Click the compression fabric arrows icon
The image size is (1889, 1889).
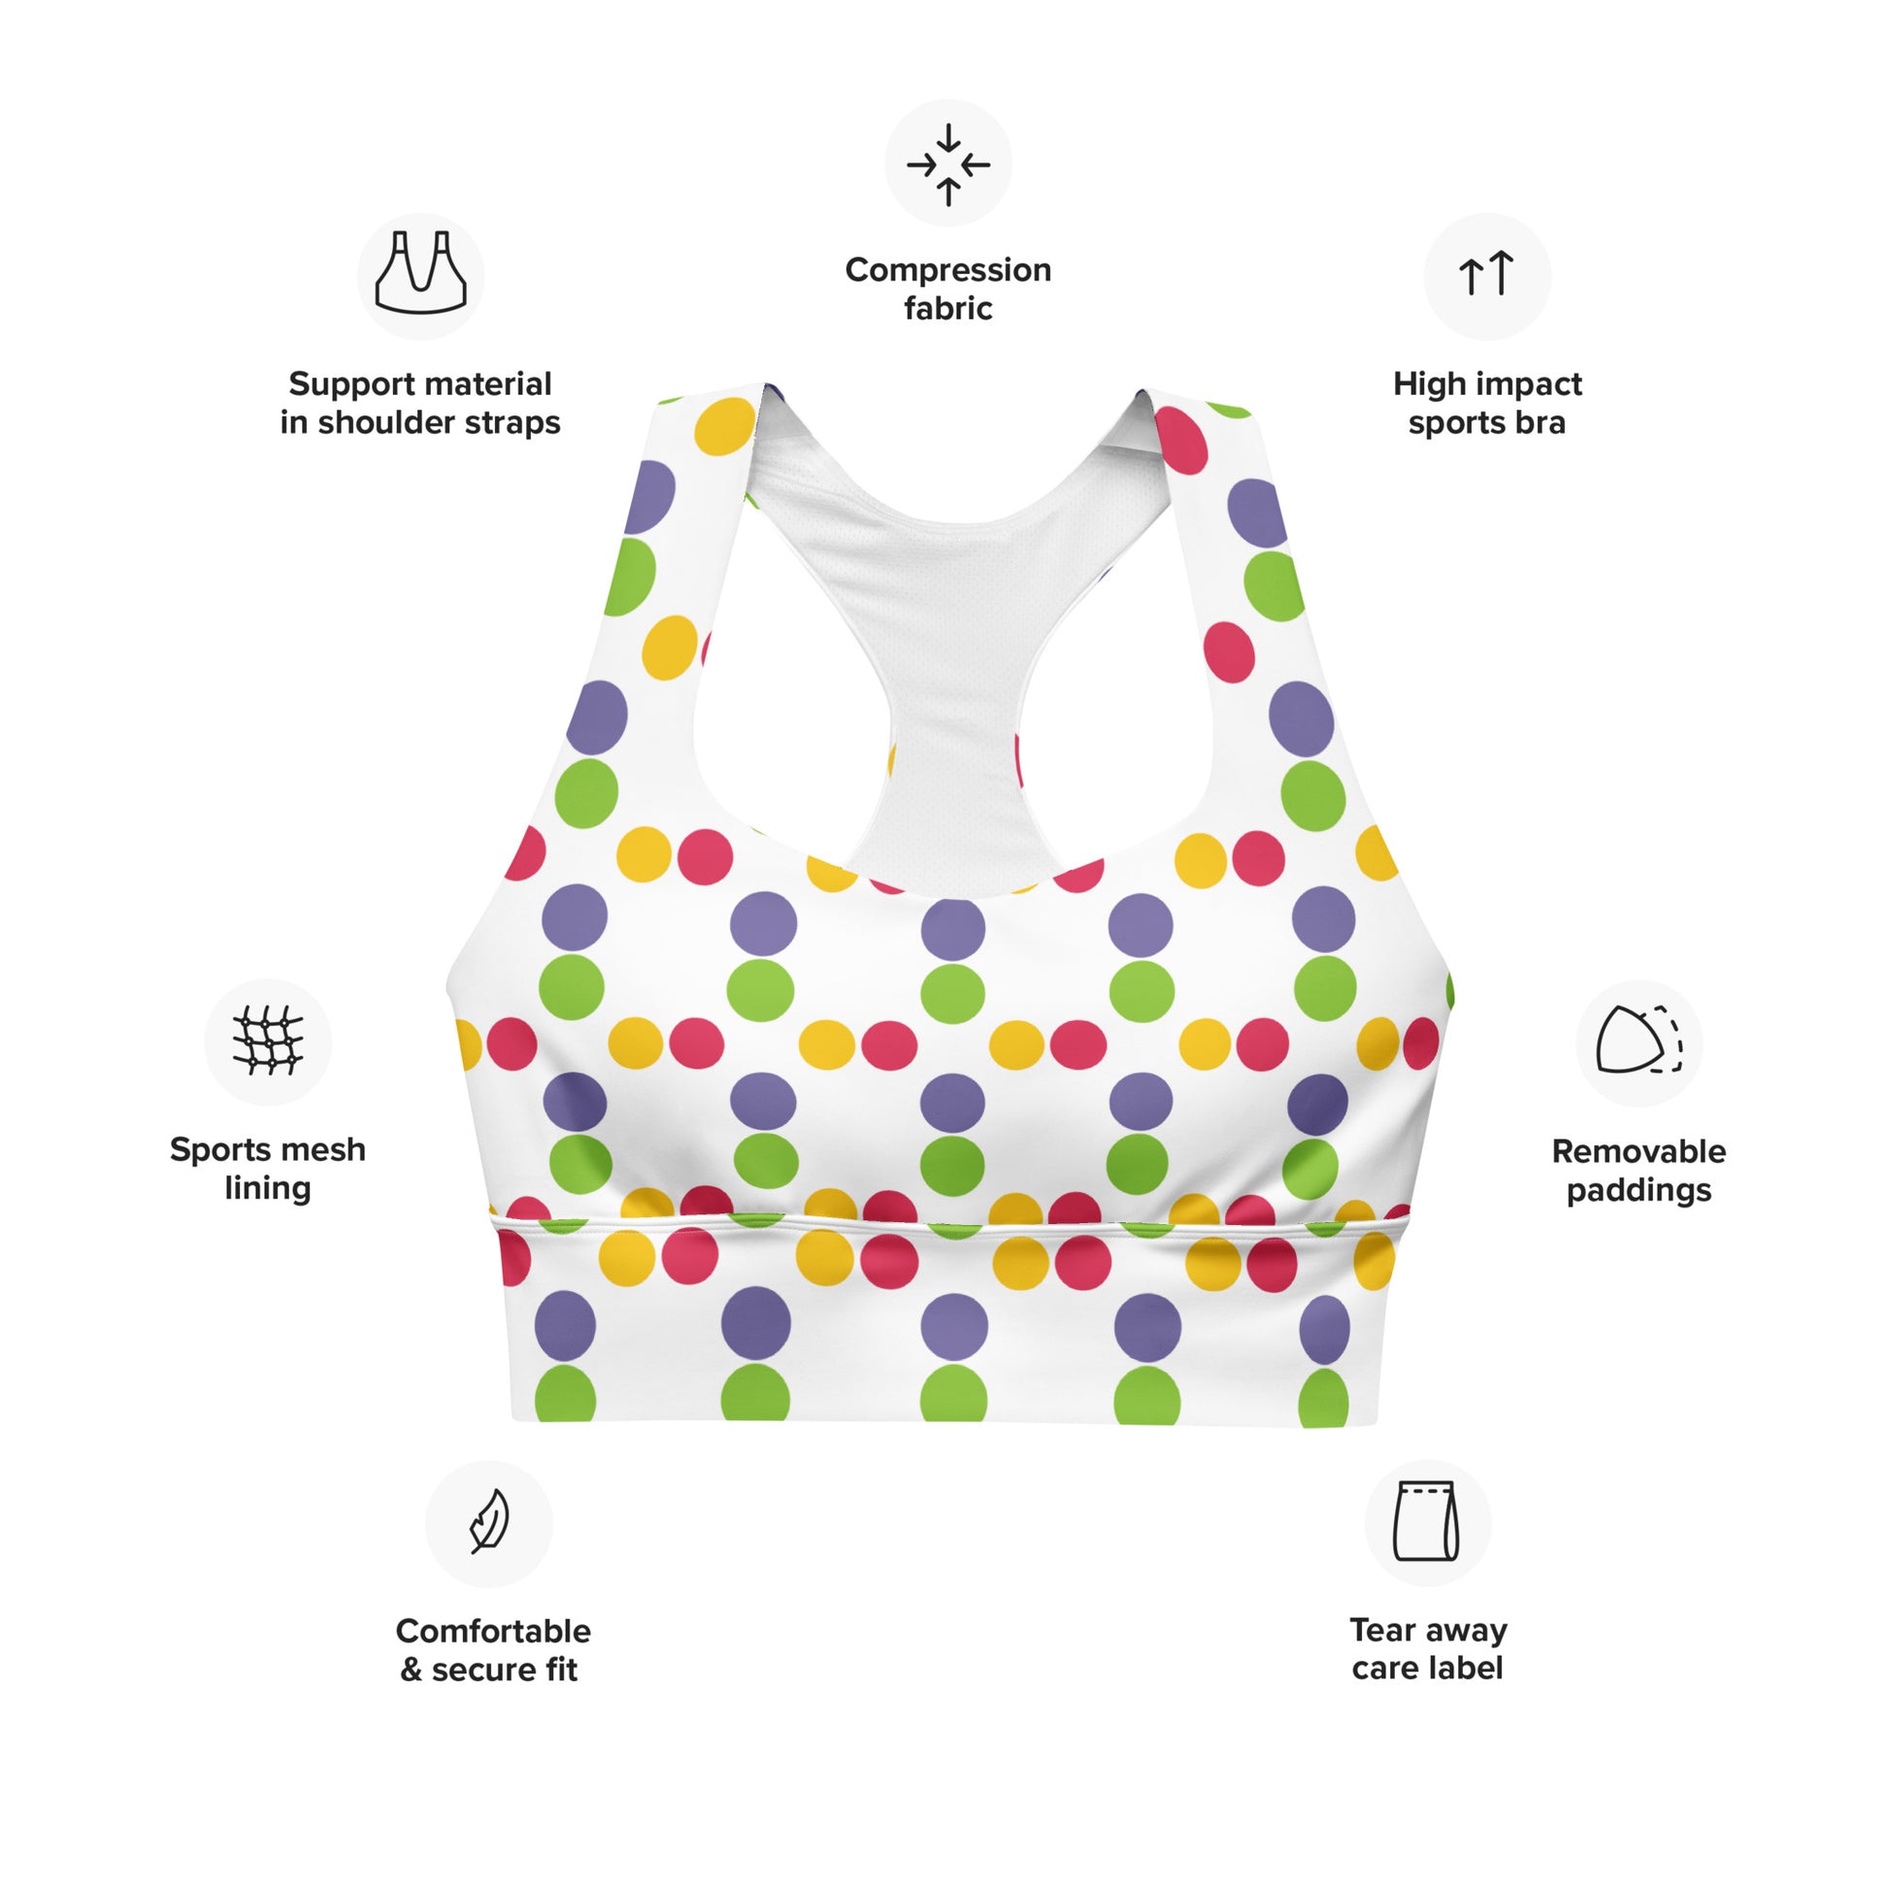point(947,163)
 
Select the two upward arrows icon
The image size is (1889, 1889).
point(1486,275)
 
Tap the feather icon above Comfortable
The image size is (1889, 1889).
point(489,1521)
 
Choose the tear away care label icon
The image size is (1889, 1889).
point(1427,1521)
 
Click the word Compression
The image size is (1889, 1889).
point(947,270)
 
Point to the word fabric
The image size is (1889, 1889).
point(947,309)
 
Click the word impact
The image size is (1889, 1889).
point(1530,384)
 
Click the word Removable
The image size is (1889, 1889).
point(1639,1152)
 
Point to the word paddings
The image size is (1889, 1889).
point(1639,1191)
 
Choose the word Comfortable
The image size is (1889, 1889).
point(493,1631)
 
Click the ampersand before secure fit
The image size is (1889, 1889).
point(411,1670)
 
